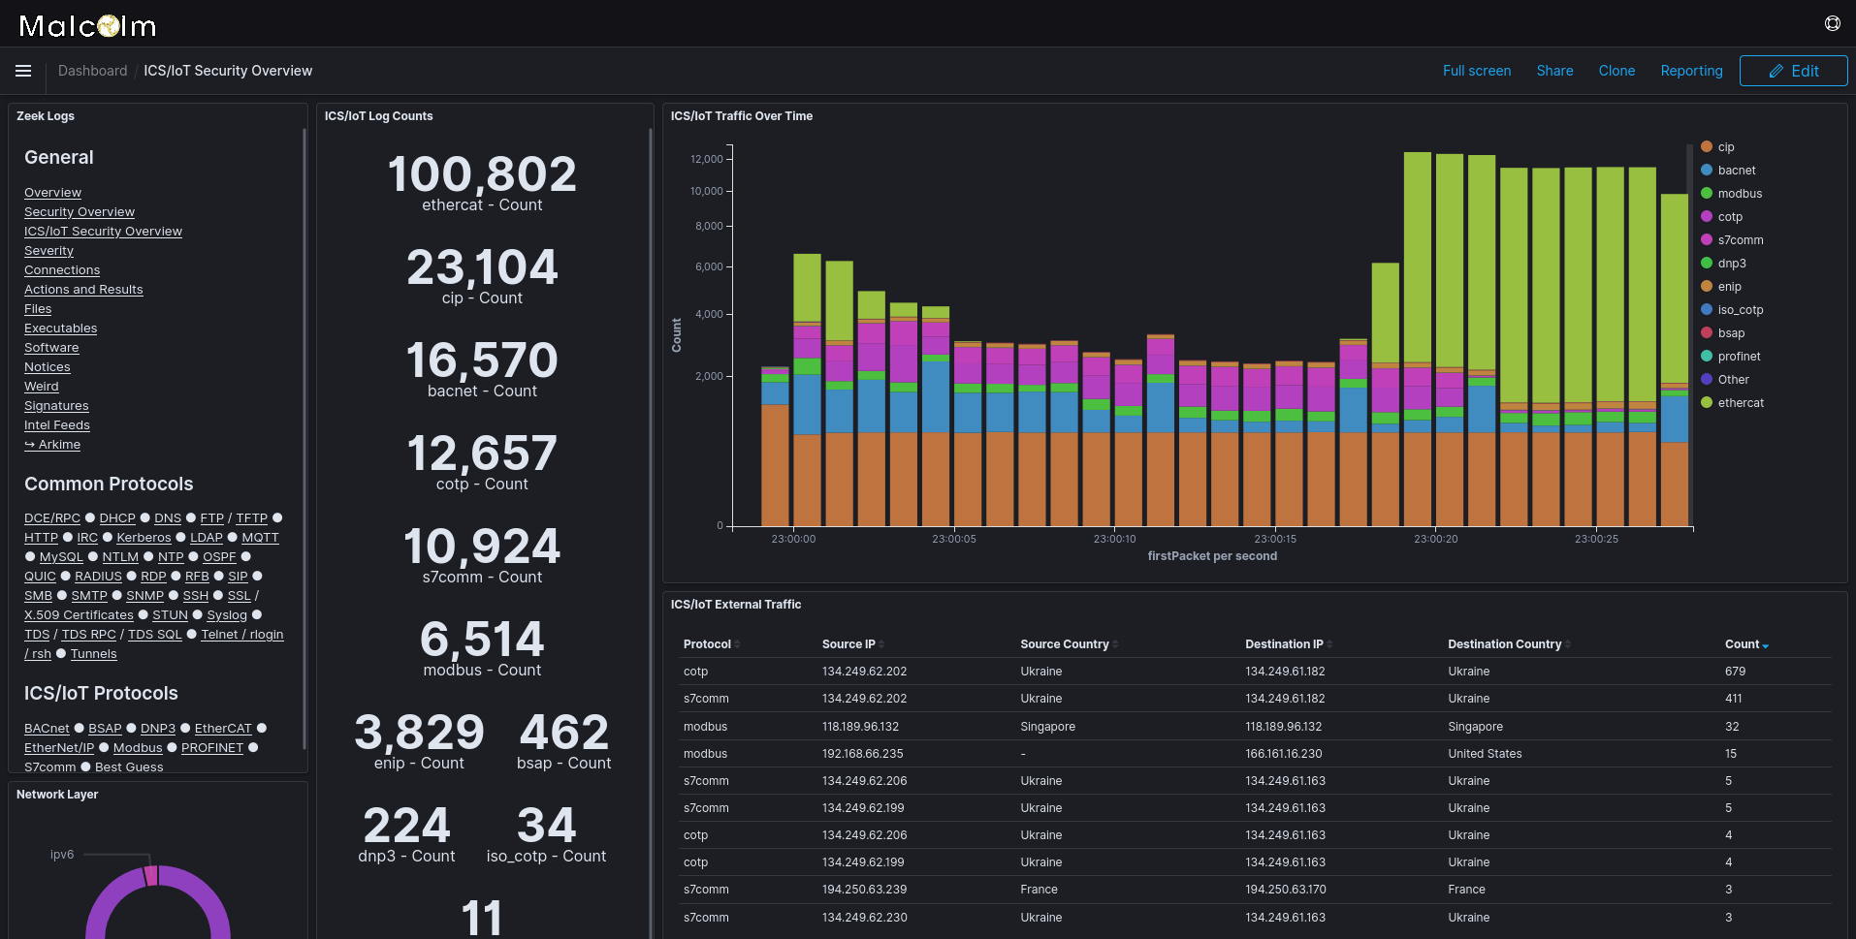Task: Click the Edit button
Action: point(1793,71)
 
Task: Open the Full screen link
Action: point(1476,71)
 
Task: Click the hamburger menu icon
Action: point(23,71)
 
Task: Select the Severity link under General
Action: point(48,251)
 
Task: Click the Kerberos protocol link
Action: point(144,538)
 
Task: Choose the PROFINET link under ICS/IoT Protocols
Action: point(211,748)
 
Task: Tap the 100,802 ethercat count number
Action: point(482,175)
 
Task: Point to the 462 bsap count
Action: point(563,733)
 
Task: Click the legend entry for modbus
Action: point(1739,194)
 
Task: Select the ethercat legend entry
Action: point(1740,403)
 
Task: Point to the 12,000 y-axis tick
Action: point(706,159)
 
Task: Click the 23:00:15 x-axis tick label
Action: point(1274,539)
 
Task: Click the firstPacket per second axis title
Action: point(1211,556)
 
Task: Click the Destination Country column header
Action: point(1504,644)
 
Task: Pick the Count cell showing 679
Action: point(1735,672)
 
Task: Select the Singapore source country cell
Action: point(1047,727)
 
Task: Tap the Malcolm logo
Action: point(87,26)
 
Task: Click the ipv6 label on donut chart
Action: point(62,855)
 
